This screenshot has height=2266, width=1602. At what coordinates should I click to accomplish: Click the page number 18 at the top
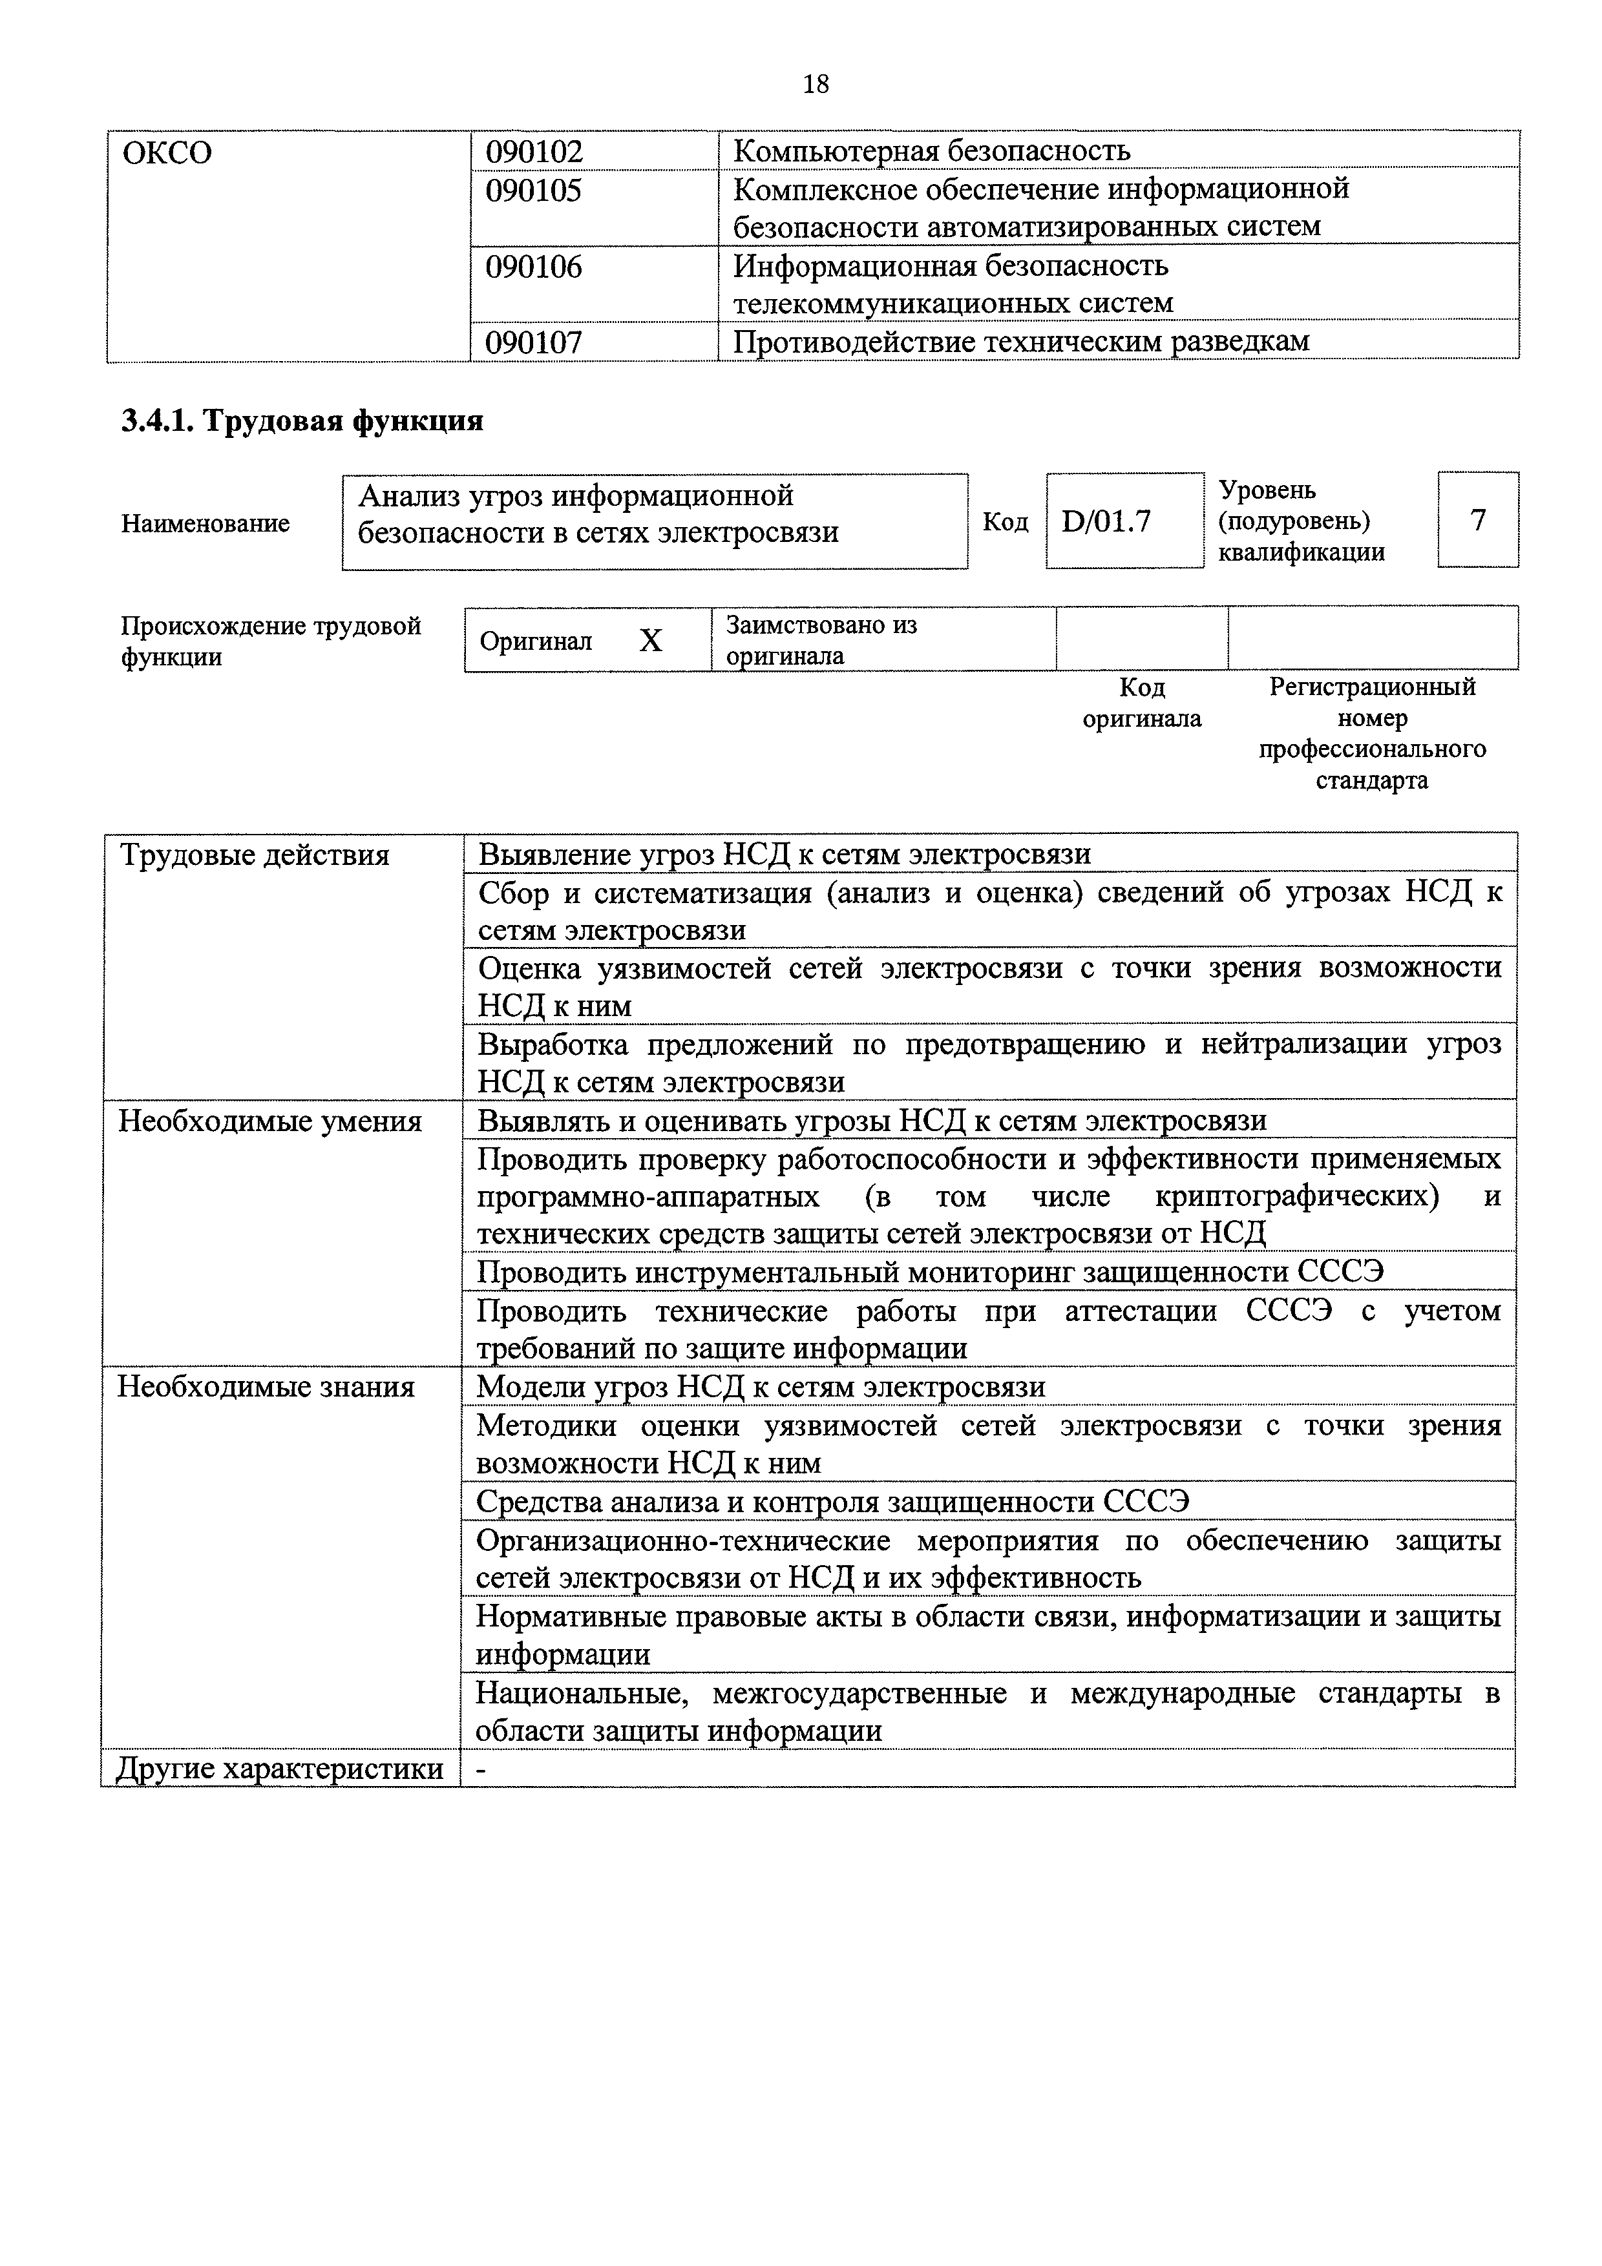coord(816,85)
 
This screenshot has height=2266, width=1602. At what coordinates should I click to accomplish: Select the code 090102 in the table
coord(534,151)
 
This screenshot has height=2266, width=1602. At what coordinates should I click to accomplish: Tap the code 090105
coord(534,189)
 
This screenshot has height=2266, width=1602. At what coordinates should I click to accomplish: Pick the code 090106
coord(534,267)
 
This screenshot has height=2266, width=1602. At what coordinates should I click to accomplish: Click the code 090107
coord(534,342)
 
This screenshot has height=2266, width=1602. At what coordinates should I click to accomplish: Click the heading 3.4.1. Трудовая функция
coord(302,421)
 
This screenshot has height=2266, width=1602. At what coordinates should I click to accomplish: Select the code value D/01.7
coord(1106,521)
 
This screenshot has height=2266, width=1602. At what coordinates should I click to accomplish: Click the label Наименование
coord(206,523)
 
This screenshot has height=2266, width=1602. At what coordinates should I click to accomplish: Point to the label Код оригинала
coord(1142,703)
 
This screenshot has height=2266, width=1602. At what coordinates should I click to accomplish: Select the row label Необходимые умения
coord(269,1122)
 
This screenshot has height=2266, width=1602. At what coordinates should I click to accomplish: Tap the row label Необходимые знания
coord(266,1388)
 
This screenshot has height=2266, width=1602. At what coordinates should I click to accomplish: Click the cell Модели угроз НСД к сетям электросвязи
coord(760,1388)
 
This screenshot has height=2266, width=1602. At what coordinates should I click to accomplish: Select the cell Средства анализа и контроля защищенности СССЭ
coord(832,1502)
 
